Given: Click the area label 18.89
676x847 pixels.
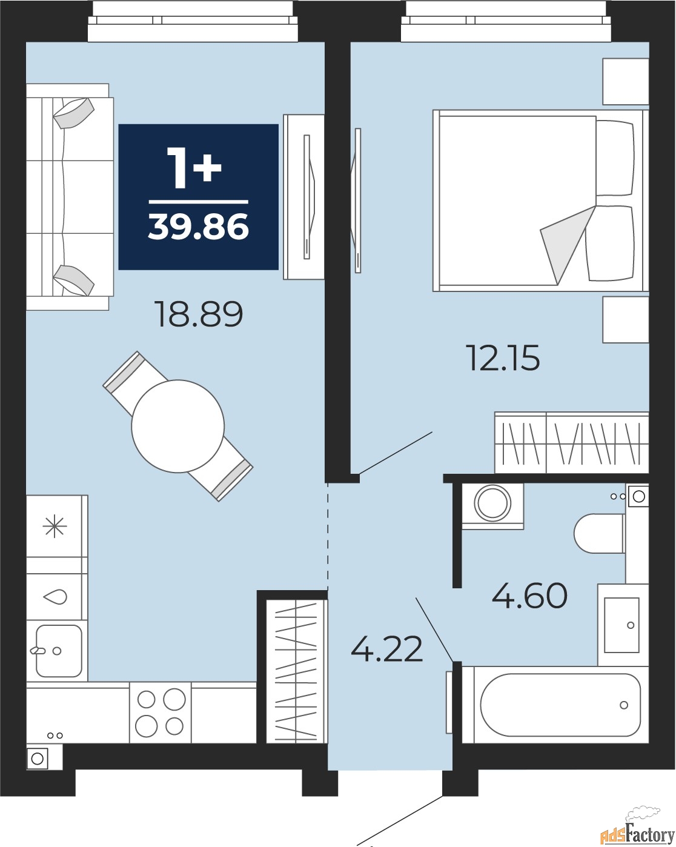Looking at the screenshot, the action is tap(199, 314).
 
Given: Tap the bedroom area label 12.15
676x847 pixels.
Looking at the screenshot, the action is tap(503, 357).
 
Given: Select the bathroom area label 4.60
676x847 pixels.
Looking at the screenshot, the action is tap(529, 595).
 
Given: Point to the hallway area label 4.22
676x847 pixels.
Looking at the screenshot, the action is tap(386, 648).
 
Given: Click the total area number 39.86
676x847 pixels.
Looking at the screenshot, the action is tap(198, 227).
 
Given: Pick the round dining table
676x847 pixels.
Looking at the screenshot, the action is tap(178, 426).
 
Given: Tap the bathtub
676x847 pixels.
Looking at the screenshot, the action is tap(555, 705).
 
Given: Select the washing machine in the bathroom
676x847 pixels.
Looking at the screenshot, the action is tap(492, 506).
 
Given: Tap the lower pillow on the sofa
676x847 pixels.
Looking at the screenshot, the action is tap(73, 280).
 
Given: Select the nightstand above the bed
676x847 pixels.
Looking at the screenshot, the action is tap(626, 81).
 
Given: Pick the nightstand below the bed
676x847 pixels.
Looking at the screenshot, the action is tap(626, 319).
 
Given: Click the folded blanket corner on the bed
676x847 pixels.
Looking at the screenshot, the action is tap(567, 244).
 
